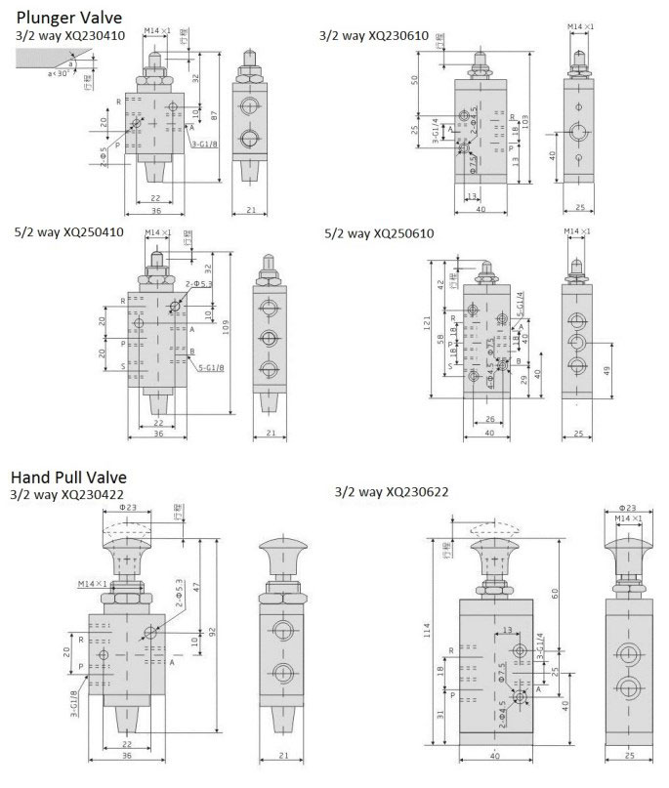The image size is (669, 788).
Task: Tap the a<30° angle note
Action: point(35,73)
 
